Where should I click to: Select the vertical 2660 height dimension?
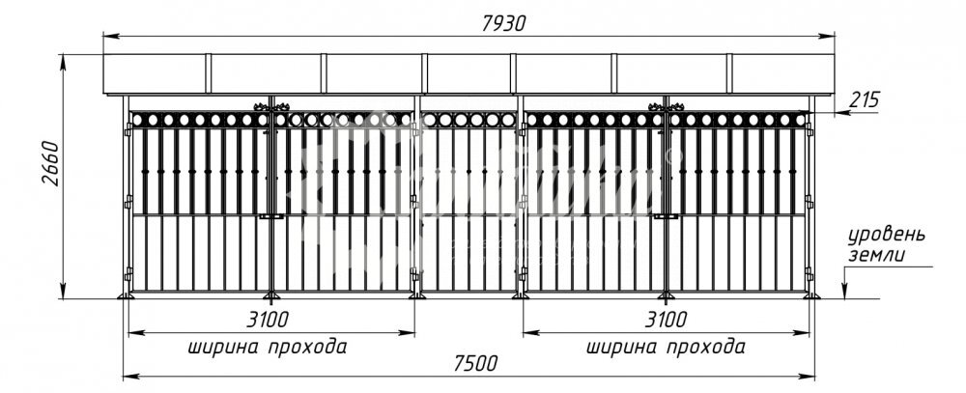coord(50,165)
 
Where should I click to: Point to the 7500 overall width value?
coord(474,363)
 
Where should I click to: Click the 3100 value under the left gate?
coord(267,320)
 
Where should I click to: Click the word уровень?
coord(887,236)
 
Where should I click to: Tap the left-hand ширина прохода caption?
coord(268,346)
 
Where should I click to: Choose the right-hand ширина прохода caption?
coord(666,346)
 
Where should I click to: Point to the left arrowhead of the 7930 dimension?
coord(108,36)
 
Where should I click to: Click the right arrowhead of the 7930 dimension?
coord(830,36)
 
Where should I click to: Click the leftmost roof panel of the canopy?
coord(156,73)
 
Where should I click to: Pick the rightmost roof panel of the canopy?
coord(781,73)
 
